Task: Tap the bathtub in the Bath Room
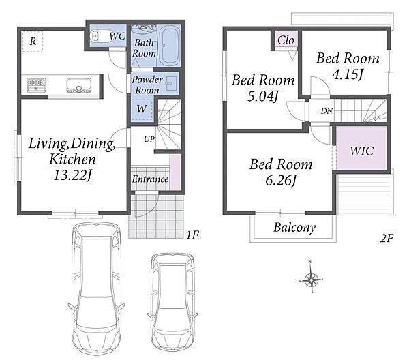coord(169,46)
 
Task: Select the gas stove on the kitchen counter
coord(36,85)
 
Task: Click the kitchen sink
coord(79,85)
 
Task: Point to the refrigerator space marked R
coord(32,42)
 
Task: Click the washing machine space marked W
coord(142,108)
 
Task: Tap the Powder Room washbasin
coord(171,83)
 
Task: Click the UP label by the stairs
coord(149,139)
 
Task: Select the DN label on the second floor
coord(327,111)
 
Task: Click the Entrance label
coord(150,179)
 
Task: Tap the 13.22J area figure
coord(72,175)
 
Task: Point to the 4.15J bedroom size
coord(348,74)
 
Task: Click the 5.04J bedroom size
coord(263,97)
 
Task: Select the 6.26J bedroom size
coord(281,181)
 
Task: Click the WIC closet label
coord(361,151)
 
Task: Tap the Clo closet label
coord(286,40)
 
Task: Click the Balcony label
coord(294,228)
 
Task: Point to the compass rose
coord(312,280)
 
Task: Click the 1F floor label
coord(192,235)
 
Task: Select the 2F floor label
coord(387,238)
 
